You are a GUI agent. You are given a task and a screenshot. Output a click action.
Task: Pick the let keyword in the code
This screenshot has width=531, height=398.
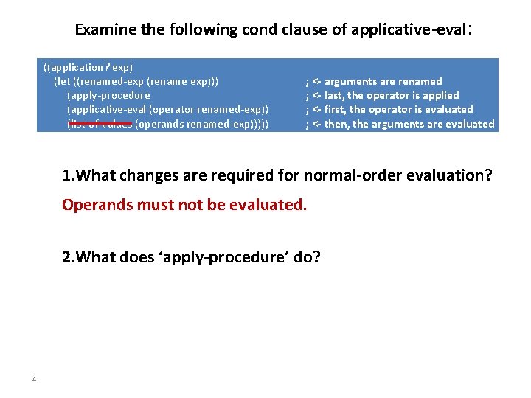(61, 81)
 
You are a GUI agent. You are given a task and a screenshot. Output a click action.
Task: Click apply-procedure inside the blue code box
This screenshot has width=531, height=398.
(108, 95)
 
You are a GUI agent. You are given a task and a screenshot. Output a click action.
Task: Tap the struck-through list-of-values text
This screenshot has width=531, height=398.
(100, 124)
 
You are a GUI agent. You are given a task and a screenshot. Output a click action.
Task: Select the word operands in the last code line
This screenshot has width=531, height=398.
(159, 124)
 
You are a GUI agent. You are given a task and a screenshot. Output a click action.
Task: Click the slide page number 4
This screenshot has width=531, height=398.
(34, 380)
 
